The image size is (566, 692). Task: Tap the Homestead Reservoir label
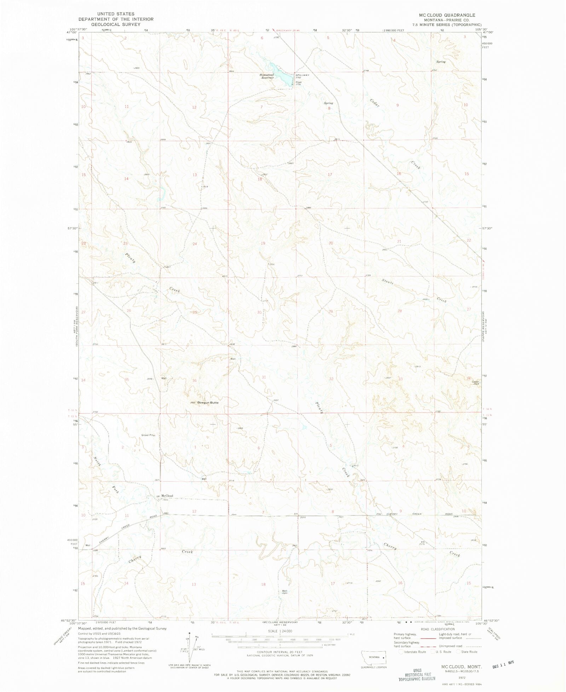coord(267,76)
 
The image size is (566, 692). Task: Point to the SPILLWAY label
coord(303,75)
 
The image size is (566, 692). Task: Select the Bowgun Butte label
coord(208,403)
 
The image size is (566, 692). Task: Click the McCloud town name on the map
coord(167,496)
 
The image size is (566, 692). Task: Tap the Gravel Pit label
coord(148,435)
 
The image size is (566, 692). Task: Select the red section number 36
coord(194,380)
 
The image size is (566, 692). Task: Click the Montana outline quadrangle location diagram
coord(372,657)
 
